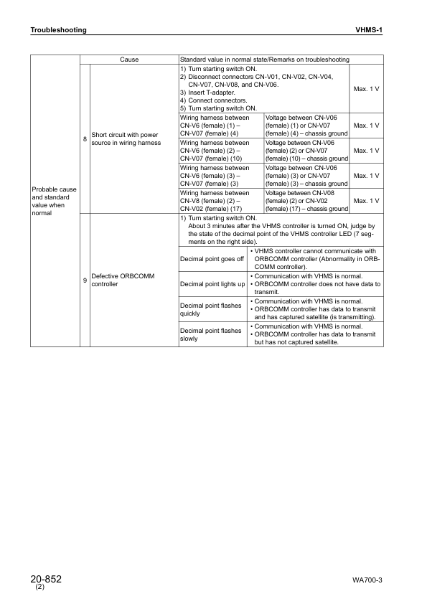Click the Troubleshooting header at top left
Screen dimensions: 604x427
tap(58, 30)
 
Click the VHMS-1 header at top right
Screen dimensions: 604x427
tap(370, 30)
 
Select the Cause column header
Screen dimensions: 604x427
tap(129, 60)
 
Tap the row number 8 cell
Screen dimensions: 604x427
tap(85, 138)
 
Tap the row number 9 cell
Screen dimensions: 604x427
tap(85, 280)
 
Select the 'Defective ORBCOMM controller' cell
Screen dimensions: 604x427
tap(118, 280)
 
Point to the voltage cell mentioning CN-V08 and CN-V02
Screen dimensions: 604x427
tap(306, 201)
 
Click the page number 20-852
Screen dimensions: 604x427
tap(46, 579)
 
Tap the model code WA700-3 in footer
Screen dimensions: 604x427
tap(367, 580)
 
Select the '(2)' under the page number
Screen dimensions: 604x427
tap(39, 588)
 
